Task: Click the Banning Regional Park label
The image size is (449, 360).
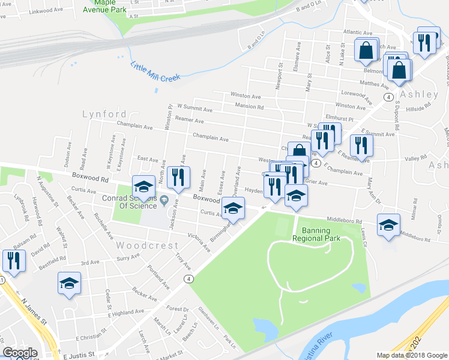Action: [x=316, y=233]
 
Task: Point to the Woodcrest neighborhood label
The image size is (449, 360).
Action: [x=147, y=245]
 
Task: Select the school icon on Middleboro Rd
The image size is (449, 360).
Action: [x=388, y=225]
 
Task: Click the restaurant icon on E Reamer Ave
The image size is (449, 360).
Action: [x=361, y=145]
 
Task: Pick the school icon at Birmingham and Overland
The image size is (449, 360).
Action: [x=234, y=209]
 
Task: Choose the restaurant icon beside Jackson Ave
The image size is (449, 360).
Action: [x=178, y=177]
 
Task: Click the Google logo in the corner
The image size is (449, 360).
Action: [x=20, y=353]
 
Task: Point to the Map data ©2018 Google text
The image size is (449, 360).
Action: [x=412, y=355]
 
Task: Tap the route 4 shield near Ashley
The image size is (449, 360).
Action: [x=389, y=97]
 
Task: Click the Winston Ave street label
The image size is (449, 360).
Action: [x=246, y=96]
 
